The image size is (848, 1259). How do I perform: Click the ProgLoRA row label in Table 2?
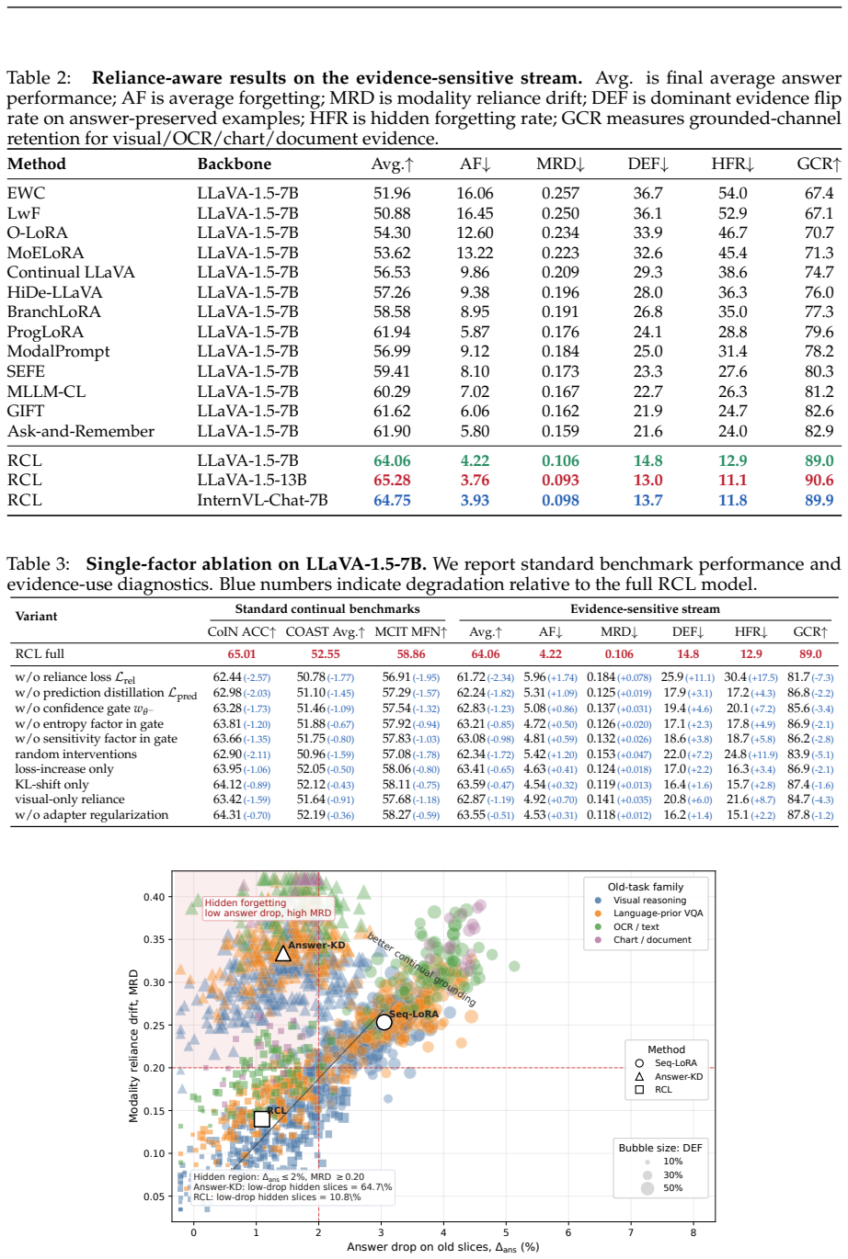45,332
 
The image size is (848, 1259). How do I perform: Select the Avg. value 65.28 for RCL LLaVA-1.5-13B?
392,480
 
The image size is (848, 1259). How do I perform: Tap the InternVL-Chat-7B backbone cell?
262,500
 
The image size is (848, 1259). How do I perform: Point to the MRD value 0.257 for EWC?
560,193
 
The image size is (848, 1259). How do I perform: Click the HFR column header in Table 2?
732,164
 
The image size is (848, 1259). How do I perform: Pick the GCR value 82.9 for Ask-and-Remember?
819,431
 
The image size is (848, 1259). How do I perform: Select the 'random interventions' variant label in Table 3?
76,754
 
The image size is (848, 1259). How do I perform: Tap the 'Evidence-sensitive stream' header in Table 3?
645,608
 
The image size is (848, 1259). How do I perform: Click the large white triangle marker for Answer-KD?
283,953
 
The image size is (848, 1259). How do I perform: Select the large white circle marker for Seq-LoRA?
384,1022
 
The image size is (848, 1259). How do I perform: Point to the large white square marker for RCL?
261,1119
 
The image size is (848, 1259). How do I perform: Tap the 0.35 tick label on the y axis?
155,939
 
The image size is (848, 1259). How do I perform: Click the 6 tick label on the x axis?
568,1232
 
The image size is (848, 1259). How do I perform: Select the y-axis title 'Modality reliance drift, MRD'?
133,1046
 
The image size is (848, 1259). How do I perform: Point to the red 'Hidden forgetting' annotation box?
268,908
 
